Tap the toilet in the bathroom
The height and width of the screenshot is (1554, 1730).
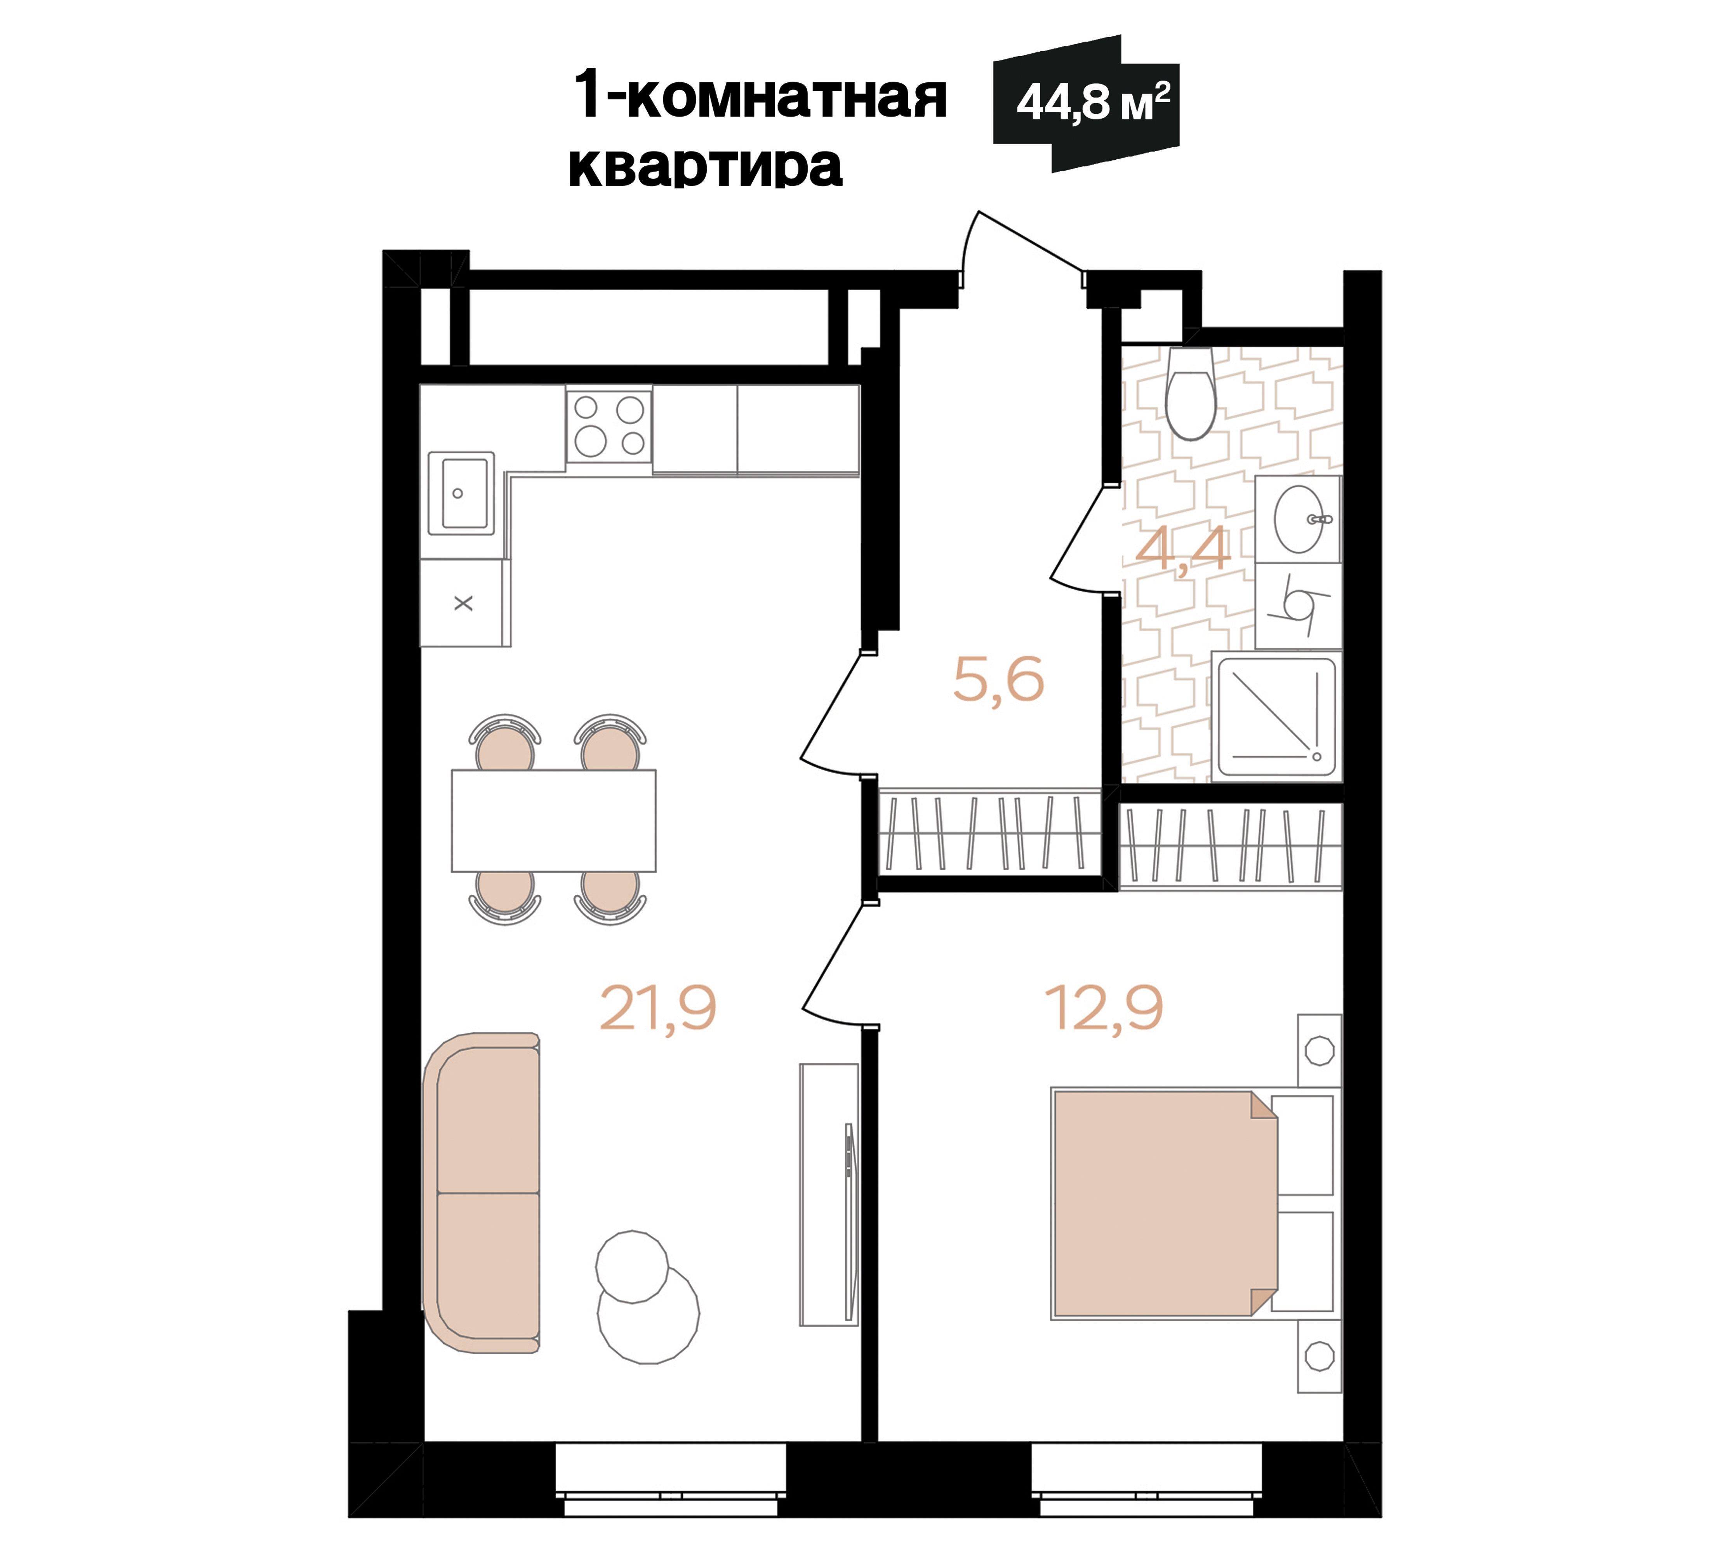click(x=1191, y=397)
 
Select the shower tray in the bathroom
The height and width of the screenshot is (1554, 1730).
click(x=1276, y=716)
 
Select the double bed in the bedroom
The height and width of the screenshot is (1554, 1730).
click(x=1165, y=1204)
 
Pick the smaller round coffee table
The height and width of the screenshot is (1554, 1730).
click(x=631, y=1266)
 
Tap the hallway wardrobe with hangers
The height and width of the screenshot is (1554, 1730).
click(x=990, y=833)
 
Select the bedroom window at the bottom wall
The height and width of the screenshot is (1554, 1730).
click(x=1146, y=1480)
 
